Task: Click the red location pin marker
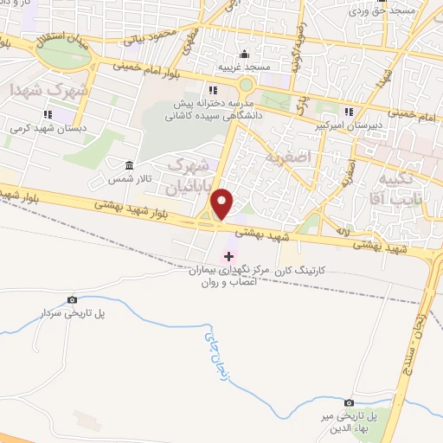[223, 203]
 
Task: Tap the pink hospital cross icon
[228, 255]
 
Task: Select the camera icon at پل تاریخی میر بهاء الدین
[349, 402]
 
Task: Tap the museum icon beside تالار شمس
[130, 164]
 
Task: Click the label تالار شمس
[125, 178]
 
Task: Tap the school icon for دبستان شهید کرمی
[48, 113]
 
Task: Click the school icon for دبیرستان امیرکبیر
[349, 112]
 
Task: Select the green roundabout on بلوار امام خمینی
[246, 85]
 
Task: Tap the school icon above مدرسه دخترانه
[212, 90]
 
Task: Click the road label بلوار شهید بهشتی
[112, 204]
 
